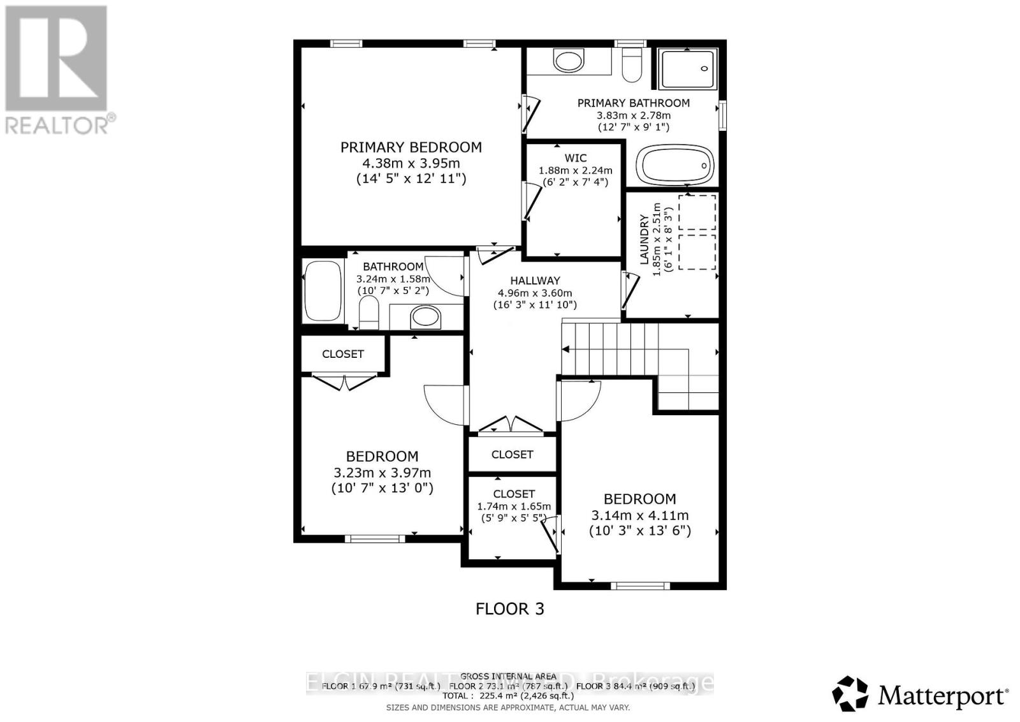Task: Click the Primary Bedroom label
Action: pos(411,147)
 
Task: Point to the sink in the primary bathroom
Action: pos(568,61)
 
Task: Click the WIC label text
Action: pos(575,158)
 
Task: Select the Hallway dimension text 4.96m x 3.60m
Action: pos(535,293)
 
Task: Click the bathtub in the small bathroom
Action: pos(324,291)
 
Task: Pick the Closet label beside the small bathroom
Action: pos(343,354)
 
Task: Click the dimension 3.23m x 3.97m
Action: pos(382,473)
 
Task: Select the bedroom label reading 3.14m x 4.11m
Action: pos(639,515)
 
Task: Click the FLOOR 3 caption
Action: pos(510,609)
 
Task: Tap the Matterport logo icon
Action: pos(850,693)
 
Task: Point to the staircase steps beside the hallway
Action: pos(609,348)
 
